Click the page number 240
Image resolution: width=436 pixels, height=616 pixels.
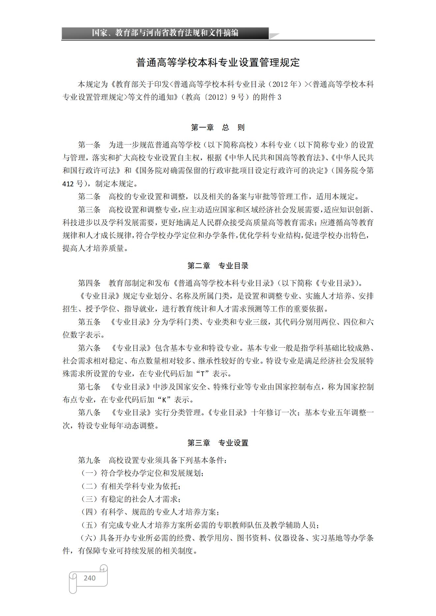[x=89, y=578]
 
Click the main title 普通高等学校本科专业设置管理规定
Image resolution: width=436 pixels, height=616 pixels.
[x=218, y=63]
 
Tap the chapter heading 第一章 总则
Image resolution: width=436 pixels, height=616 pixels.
[x=218, y=127]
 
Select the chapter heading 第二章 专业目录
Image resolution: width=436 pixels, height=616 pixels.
[x=218, y=266]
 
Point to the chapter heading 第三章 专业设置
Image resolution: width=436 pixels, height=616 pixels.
[x=218, y=443]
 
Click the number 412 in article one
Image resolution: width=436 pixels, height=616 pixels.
[x=68, y=184]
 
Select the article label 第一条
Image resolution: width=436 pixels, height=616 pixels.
[x=89, y=145]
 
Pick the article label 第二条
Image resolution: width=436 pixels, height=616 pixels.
[x=89, y=197]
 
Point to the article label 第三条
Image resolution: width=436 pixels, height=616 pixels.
[x=89, y=210]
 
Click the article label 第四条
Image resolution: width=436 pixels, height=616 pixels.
[x=89, y=283]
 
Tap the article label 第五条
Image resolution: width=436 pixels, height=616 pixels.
[x=89, y=322]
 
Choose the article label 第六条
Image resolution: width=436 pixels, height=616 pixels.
[x=89, y=348]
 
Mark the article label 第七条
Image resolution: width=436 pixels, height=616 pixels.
[x=89, y=387]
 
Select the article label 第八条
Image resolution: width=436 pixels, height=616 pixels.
[x=89, y=413]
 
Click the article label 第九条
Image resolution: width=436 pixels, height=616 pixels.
[x=89, y=460]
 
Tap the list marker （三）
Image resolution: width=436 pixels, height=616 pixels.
[x=89, y=499]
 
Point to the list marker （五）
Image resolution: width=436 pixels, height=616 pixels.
[x=89, y=525]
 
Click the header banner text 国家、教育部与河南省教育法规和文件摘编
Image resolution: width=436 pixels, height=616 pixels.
[x=165, y=33]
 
